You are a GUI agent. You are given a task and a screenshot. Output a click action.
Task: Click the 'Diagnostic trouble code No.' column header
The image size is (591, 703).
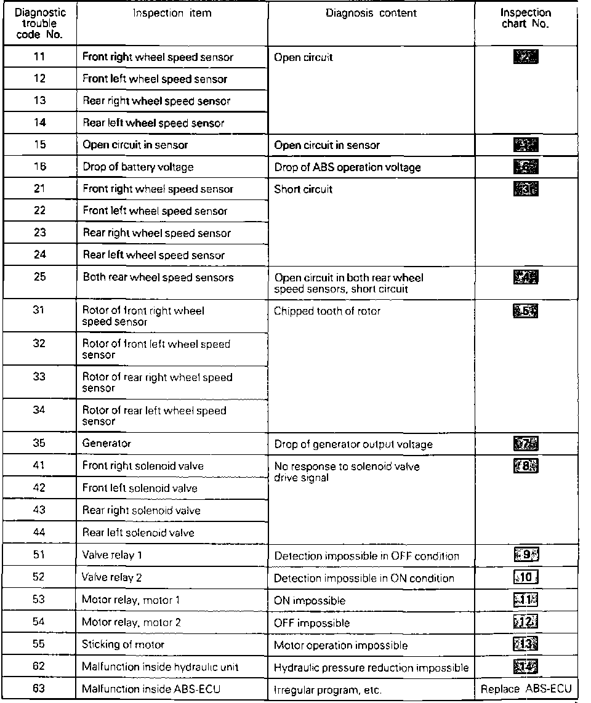pyautogui.click(x=39, y=23)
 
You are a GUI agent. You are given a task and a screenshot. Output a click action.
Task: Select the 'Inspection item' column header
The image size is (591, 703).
pyautogui.click(x=172, y=14)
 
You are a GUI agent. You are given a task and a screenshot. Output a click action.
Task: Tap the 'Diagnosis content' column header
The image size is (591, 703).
pyautogui.click(x=371, y=14)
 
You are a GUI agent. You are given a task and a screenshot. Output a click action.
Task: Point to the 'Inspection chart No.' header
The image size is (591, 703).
pyautogui.click(x=525, y=18)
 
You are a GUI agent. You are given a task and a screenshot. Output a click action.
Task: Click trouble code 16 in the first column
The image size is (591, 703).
pyautogui.click(x=39, y=167)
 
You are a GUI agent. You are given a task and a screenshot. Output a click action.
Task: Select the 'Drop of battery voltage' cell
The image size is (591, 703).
pyautogui.click(x=138, y=167)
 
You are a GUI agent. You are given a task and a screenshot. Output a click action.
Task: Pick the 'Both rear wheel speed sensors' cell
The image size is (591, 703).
pyautogui.click(x=158, y=277)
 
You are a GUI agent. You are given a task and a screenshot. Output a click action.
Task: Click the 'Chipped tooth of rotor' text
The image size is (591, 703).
pyautogui.click(x=327, y=311)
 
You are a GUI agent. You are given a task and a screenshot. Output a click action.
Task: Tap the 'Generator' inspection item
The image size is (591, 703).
pyautogui.click(x=107, y=443)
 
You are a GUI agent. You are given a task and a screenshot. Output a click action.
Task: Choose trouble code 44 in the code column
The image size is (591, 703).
pyautogui.click(x=39, y=532)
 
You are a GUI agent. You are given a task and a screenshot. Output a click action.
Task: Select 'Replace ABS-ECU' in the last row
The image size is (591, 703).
pyautogui.click(x=526, y=689)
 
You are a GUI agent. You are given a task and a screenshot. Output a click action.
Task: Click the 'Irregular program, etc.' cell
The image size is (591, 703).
pyautogui.click(x=328, y=690)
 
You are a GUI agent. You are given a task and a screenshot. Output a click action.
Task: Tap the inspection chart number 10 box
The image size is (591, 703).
pyautogui.click(x=525, y=578)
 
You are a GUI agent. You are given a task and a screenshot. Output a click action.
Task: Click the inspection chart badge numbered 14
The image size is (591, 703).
pyautogui.click(x=525, y=667)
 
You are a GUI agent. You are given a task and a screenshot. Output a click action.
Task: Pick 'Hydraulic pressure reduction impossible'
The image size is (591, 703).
pyautogui.click(x=371, y=668)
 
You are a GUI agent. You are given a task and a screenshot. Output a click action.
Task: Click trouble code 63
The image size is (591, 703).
pyautogui.click(x=39, y=689)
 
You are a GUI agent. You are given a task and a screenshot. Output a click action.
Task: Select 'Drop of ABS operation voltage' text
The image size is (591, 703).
pyautogui.click(x=347, y=167)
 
